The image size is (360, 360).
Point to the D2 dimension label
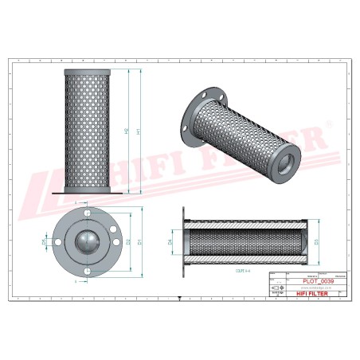pos(127,241)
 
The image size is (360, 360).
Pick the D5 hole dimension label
pos(43,241)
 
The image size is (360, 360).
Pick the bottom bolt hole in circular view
pos(86,269)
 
